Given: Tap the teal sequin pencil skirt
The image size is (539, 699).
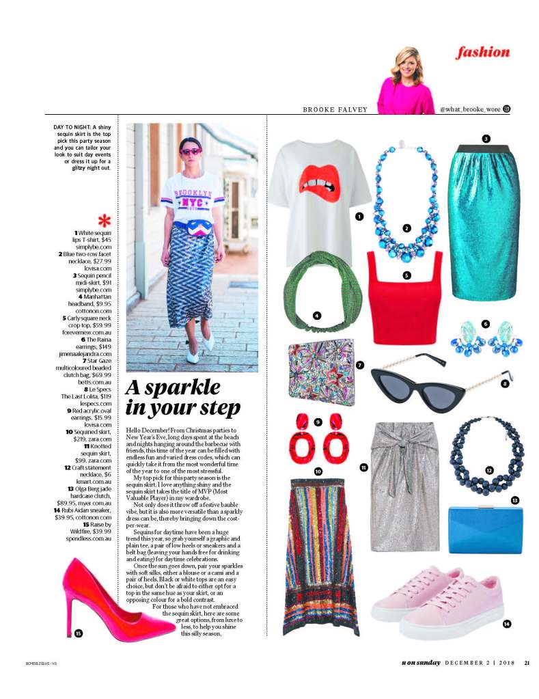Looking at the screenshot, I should [x=485, y=219].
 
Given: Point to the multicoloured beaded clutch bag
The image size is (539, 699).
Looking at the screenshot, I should [x=321, y=372].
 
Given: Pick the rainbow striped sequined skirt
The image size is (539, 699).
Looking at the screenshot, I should [x=320, y=553].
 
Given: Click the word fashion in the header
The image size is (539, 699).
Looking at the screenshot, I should [x=483, y=53].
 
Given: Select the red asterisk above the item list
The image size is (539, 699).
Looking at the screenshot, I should [x=104, y=221].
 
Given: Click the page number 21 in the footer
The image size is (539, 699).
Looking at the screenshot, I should [x=527, y=662].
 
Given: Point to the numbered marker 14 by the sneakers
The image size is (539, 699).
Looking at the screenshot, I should [x=506, y=623].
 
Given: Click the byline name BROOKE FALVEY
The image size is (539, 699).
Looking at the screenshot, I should [x=335, y=109].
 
